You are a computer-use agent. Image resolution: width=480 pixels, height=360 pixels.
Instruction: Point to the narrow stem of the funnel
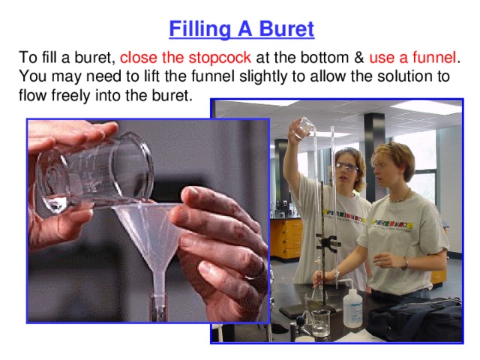pyautogui.click(x=160, y=289)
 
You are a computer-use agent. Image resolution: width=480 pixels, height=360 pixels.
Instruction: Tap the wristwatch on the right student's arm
pyautogui.click(x=405, y=262)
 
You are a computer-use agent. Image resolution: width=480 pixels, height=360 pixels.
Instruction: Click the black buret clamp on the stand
pyautogui.click(x=327, y=244)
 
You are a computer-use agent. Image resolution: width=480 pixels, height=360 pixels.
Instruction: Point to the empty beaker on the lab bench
pyautogui.click(x=321, y=322)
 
